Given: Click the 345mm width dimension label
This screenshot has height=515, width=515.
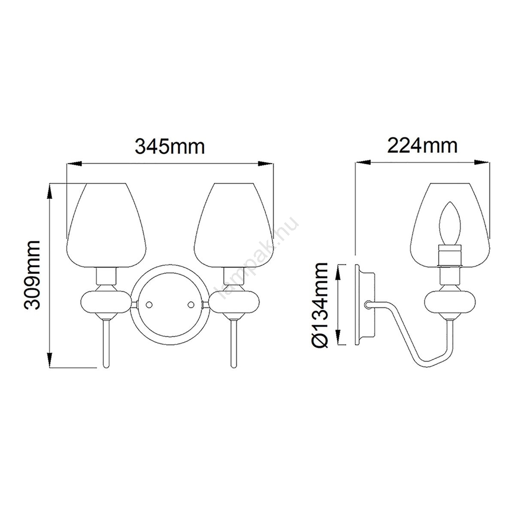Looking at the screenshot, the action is (x=170, y=146).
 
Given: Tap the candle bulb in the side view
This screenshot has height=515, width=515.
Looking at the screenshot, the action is (x=450, y=224).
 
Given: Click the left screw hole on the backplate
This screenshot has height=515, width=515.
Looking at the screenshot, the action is (x=148, y=305).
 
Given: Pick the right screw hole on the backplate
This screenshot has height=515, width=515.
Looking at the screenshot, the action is (x=191, y=305).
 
